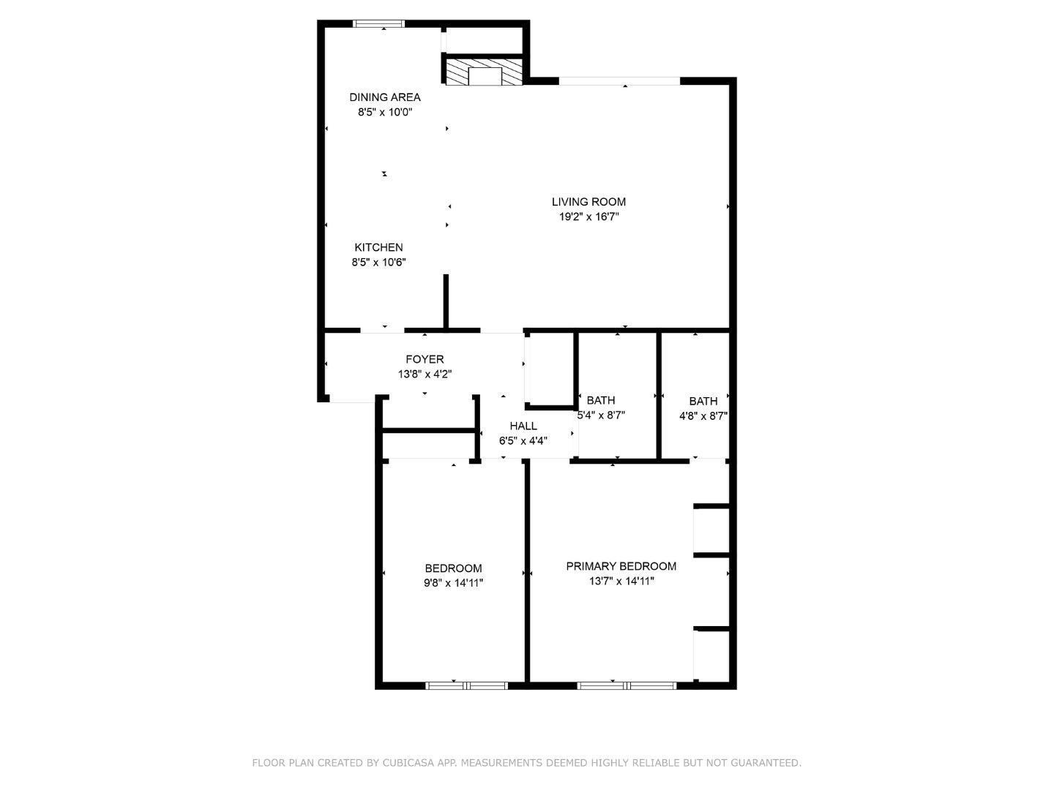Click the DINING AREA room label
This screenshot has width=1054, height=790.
384,97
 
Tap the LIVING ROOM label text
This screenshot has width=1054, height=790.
588,202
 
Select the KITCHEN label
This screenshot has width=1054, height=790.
378,247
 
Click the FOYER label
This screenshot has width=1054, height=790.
425,359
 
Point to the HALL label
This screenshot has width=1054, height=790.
523,426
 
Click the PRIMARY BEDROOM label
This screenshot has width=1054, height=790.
621,566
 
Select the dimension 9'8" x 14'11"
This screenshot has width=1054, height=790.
453,583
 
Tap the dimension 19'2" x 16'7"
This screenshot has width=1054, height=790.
588,217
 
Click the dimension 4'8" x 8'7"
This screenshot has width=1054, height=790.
703,415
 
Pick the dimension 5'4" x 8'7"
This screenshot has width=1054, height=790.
601,415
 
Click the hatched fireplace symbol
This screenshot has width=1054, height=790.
485,72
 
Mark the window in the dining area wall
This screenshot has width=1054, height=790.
378,24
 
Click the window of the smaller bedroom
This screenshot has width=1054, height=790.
466,685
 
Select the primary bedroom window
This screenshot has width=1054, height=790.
627,685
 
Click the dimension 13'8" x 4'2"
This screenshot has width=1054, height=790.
425,374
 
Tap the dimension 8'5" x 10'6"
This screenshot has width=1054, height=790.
378,262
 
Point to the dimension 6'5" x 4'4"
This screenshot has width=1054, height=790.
523,440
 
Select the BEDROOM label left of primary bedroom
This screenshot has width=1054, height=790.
453,568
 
